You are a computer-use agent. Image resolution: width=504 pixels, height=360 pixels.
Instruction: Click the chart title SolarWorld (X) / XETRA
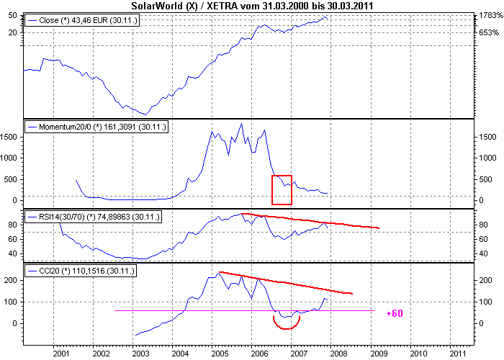tap(252, 6)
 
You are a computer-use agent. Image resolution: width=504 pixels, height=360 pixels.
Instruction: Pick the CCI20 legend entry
tap(81, 271)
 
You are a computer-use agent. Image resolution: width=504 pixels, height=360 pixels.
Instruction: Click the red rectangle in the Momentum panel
tap(282, 190)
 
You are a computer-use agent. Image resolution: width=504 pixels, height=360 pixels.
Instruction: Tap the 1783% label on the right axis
tap(489, 16)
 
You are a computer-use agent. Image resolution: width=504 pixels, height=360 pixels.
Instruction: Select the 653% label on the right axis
tap(489, 33)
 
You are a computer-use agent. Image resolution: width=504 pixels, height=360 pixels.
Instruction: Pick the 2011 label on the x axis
tap(456, 354)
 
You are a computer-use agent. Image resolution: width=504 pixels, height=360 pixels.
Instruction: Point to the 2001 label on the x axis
tap(60, 354)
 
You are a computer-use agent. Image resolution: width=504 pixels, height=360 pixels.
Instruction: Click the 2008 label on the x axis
tap(338, 354)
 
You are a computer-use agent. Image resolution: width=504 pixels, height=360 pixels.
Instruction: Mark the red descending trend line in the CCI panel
tap(284, 282)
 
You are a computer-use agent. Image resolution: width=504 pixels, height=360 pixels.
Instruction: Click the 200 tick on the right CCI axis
tap(485, 279)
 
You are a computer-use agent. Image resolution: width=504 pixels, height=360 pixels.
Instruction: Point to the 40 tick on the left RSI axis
tap(14, 253)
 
